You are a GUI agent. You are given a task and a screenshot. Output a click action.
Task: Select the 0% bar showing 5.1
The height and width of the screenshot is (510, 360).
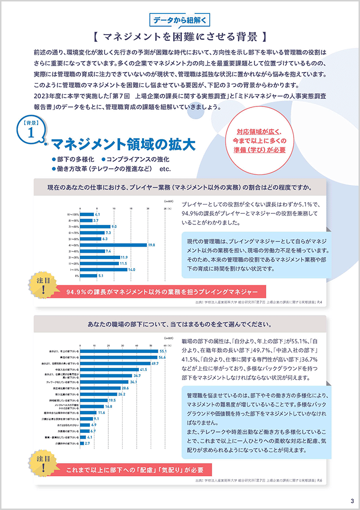pyautogui.click(x=88, y=276)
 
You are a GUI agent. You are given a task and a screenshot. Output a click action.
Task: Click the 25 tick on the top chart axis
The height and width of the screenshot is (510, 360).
pyautogui.click(x=165, y=209)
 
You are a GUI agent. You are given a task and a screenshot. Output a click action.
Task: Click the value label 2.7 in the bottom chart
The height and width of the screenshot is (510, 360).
pyautogui.click(x=87, y=443)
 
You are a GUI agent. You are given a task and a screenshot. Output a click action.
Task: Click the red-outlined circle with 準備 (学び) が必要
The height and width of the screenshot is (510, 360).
pyautogui.click(x=261, y=140)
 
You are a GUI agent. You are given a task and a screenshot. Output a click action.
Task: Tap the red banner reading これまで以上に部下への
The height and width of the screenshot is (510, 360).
pyautogui.click(x=135, y=470)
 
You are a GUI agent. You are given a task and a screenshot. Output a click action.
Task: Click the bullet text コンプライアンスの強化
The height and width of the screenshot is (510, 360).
pyautogui.click(x=135, y=159)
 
